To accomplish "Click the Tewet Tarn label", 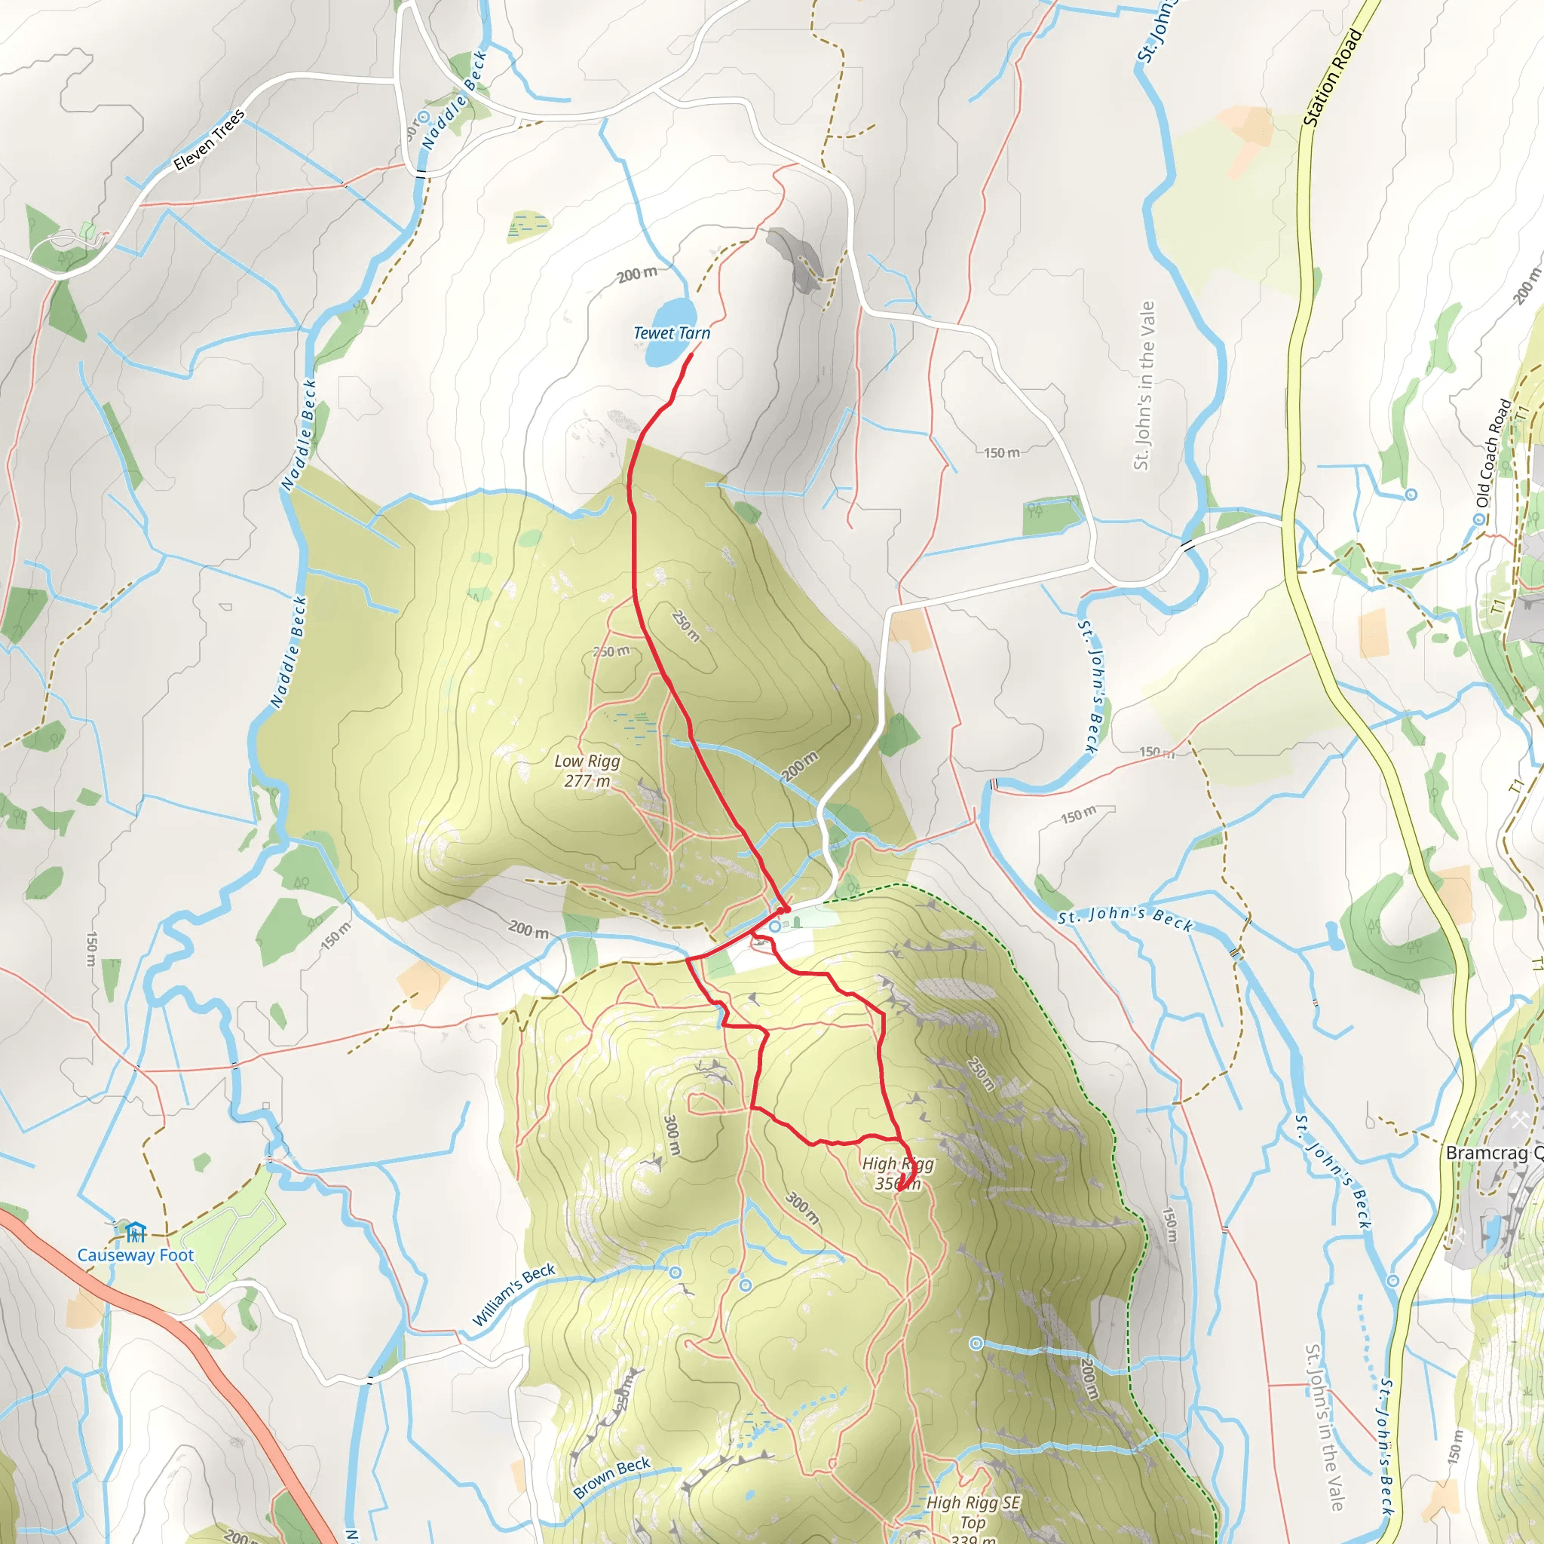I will click(671, 333).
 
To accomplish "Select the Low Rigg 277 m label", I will click(587, 770).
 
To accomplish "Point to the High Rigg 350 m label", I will click(897, 1173).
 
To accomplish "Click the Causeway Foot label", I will click(135, 1254).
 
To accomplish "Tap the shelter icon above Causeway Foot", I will click(136, 1232).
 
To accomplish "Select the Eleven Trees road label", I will click(210, 140).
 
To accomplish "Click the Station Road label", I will click(1332, 77).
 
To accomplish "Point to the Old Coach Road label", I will click(1493, 452).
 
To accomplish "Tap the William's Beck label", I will click(513, 1294).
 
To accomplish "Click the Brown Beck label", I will click(611, 1477).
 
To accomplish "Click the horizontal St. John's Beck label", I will click(1126, 920).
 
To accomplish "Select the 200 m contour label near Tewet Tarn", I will click(637, 274).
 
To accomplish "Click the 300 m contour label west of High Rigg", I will click(671, 1135).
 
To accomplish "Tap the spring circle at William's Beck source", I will click(676, 1273).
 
